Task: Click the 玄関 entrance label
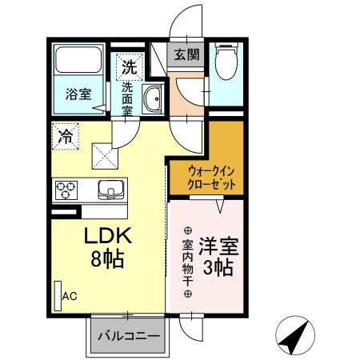tap(188, 55)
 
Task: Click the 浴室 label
tap(77, 94)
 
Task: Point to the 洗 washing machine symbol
tap(128, 66)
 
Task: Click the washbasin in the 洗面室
tap(152, 100)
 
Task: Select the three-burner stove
tap(66, 190)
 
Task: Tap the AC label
tap(70, 296)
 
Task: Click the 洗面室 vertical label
tap(126, 98)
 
